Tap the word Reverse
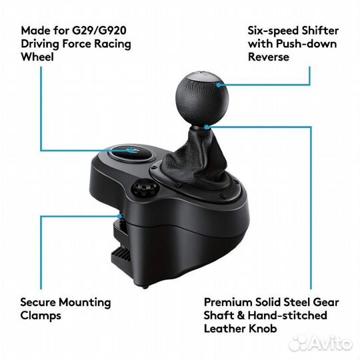[x=269, y=57]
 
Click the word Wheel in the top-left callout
[x=36, y=57]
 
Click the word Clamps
[x=41, y=316]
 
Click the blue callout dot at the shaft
[x=209, y=125]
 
